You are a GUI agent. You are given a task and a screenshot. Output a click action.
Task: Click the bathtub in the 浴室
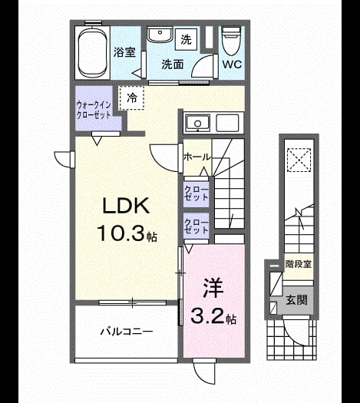pyautogui.click(x=93, y=52)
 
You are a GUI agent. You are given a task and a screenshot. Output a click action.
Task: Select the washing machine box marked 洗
pyautogui.click(x=187, y=39)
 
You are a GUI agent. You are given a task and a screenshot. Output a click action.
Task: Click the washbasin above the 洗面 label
pyautogui.click(x=160, y=35)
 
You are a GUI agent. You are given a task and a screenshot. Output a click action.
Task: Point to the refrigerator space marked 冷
pyautogui.click(x=132, y=98)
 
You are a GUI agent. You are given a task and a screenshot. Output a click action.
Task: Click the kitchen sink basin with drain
pyautogui.click(x=197, y=123)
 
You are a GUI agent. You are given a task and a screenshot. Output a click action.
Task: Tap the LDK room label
pyautogui.click(x=126, y=206)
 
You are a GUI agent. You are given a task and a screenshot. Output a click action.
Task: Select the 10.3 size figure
pyautogui.click(x=120, y=233)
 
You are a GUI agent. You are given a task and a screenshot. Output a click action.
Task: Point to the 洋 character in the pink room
pyautogui.click(x=213, y=288)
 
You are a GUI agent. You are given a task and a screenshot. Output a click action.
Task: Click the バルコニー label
pyautogui.click(x=127, y=332)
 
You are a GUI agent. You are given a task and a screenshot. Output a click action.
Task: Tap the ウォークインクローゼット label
pyautogui.click(x=94, y=110)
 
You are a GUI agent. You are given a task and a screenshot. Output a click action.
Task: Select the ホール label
pyautogui.click(x=197, y=157)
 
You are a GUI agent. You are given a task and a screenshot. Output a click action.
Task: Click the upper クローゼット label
pyautogui.click(x=196, y=193)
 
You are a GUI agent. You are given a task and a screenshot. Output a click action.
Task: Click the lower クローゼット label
pyautogui.click(x=196, y=226)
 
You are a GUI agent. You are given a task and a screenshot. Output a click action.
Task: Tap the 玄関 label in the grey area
pyautogui.click(x=296, y=300)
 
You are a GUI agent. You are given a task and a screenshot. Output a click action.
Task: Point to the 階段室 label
pyautogui.click(x=299, y=264)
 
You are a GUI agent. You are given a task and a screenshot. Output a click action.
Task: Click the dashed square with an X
pyautogui.click(x=299, y=160)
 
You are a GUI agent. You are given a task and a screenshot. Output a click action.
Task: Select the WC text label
pyautogui.click(x=232, y=64)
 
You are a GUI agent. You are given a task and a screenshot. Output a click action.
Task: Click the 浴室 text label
pyautogui.click(x=124, y=52)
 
